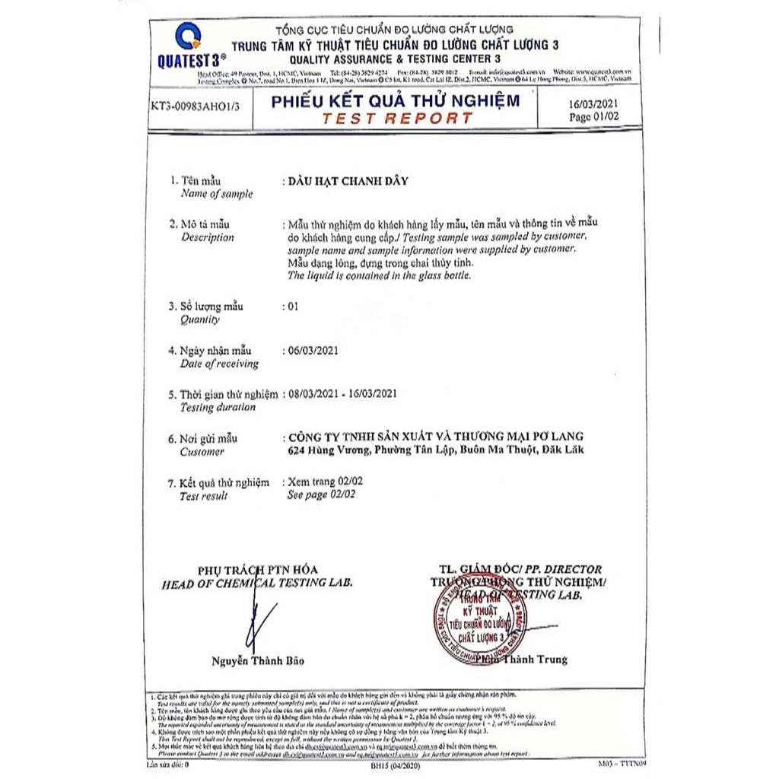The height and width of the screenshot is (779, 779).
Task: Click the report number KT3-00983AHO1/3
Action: click(x=196, y=107)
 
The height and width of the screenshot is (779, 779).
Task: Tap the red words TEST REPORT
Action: click(x=396, y=118)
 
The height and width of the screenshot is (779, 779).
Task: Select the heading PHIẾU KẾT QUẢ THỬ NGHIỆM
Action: click(x=396, y=100)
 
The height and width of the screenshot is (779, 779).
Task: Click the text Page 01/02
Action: click(x=595, y=116)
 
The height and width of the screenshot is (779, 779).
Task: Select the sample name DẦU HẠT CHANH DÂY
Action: click(x=345, y=181)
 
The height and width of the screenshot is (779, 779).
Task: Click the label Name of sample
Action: click(x=217, y=194)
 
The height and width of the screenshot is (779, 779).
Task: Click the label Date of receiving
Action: click(x=219, y=364)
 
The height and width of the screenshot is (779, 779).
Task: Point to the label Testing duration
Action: click(x=218, y=407)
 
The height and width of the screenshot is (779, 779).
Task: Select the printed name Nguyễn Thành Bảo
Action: click(x=258, y=661)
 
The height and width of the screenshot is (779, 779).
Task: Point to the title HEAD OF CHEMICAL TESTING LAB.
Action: click(x=256, y=582)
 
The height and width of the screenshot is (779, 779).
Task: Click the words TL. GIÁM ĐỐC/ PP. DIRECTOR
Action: click(x=520, y=569)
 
